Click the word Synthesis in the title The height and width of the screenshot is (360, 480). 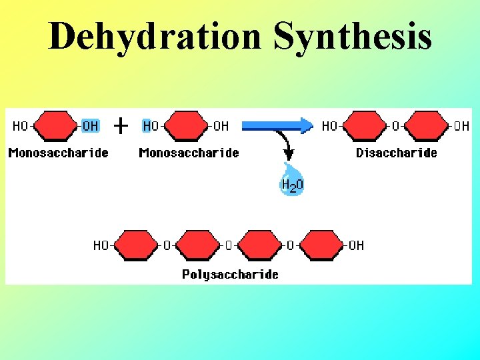pyautogui.click(x=353, y=37)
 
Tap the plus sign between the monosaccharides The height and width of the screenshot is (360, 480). pyautogui.click(x=121, y=125)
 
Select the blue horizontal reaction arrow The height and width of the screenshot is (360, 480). pyautogui.click(x=277, y=125)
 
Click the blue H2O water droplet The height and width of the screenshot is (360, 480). pyautogui.click(x=291, y=180)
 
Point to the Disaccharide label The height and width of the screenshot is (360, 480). pyautogui.click(x=397, y=153)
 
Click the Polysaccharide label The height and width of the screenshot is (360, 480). pyautogui.click(x=231, y=274)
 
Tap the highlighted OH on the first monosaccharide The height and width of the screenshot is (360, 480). pyautogui.click(x=90, y=126)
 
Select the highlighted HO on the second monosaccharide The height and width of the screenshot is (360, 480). pyautogui.click(x=151, y=126)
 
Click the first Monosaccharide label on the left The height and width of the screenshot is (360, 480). pyautogui.click(x=59, y=153)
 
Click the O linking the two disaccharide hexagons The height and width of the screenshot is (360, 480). pyautogui.click(x=395, y=126)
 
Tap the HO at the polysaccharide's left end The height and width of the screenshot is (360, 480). pyautogui.click(x=101, y=245)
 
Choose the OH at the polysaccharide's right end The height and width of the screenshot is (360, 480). pyautogui.click(x=357, y=245)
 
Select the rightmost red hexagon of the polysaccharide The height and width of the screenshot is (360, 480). pyautogui.click(x=321, y=245)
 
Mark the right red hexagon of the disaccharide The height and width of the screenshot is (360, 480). pyautogui.click(x=427, y=126)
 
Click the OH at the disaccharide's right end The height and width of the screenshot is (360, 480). pyautogui.click(x=461, y=126)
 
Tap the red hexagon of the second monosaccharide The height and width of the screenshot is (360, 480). pyautogui.click(x=186, y=126)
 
